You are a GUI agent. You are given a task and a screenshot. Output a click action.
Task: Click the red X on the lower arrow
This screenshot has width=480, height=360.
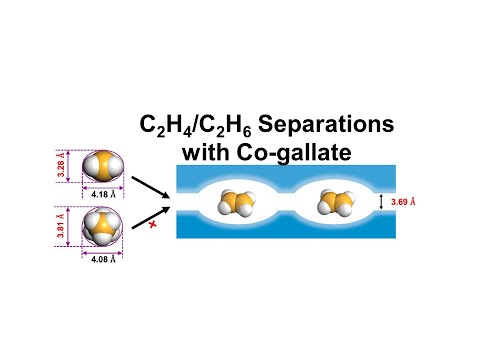153,227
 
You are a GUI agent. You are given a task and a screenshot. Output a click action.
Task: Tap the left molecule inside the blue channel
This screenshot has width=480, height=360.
238,203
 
